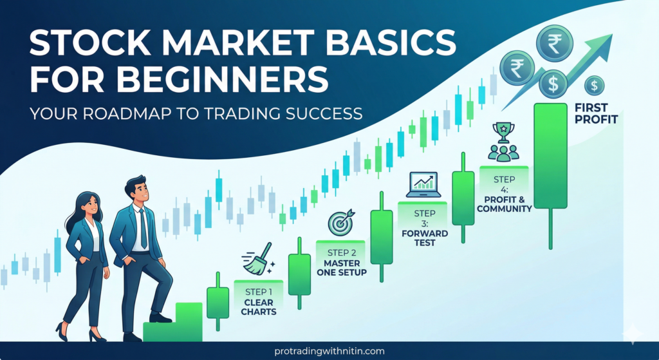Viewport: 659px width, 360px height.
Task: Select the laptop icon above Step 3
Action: tap(423, 185)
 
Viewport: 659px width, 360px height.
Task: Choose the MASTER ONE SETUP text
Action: tap(342, 267)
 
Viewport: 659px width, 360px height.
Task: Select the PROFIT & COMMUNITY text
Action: tap(505, 203)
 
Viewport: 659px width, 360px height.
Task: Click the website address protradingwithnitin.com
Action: tap(329, 351)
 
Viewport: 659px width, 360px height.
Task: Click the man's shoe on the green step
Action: tap(160, 317)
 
